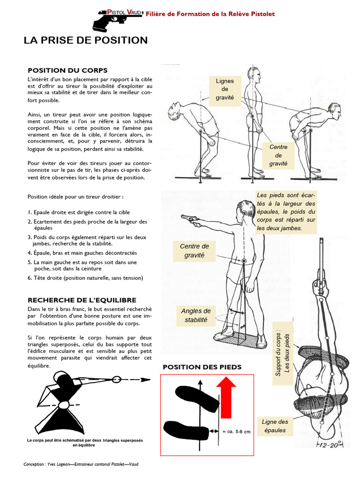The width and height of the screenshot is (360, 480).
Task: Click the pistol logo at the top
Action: click(x=117, y=20)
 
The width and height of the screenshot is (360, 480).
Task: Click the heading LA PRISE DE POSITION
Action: click(x=86, y=40)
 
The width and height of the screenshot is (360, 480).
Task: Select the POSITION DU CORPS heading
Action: click(x=67, y=70)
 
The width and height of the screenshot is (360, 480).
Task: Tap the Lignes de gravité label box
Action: click(x=225, y=91)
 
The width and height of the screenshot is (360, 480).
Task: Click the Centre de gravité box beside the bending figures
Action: click(x=278, y=156)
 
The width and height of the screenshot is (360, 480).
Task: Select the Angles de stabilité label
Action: click(x=196, y=315)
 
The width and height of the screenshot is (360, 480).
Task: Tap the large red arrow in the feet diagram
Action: click(x=226, y=397)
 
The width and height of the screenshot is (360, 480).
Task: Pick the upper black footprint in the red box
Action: click(x=197, y=398)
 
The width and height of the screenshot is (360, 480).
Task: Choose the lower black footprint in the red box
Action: click(x=186, y=430)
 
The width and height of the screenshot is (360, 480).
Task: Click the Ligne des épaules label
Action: click(x=275, y=426)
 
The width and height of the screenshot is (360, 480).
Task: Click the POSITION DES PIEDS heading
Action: click(x=202, y=367)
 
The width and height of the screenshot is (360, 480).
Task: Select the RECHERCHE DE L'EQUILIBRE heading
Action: click(x=82, y=300)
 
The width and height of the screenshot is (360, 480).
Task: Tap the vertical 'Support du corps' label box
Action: click(x=283, y=353)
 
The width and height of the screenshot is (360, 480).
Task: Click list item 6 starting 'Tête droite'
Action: click(x=85, y=278)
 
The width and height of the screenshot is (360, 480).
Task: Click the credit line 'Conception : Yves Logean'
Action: click(x=81, y=464)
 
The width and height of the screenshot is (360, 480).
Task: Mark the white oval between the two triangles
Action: click(x=64, y=405)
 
